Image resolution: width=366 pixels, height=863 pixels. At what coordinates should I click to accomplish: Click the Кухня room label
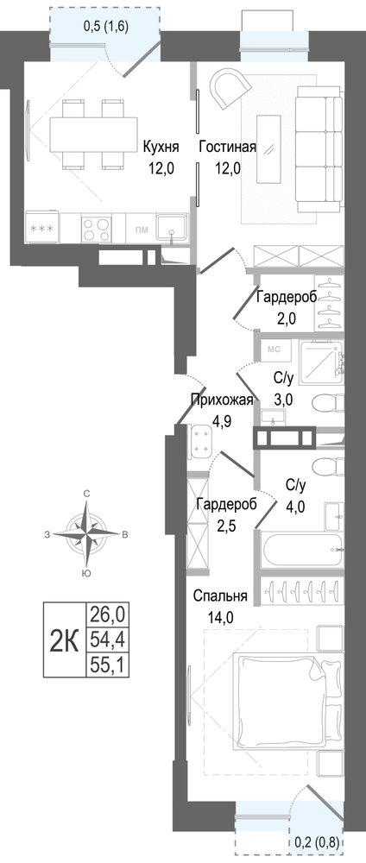[161, 148]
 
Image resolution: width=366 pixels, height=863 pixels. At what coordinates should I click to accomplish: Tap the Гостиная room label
[228, 148]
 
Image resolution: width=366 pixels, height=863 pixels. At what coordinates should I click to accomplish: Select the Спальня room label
[220, 595]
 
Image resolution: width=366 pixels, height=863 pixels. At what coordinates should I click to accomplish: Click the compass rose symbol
[86, 533]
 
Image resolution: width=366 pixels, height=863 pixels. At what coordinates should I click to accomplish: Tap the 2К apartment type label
[65, 641]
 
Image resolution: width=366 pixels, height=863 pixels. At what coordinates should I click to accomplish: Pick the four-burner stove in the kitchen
[97, 227]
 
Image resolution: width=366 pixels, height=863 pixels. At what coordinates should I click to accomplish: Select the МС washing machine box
[274, 349]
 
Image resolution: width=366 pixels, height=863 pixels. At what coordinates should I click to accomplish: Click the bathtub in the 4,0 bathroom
[300, 548]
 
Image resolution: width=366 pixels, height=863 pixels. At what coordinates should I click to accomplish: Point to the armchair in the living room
[229, 87]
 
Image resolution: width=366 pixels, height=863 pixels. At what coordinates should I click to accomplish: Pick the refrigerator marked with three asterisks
[41, 227]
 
